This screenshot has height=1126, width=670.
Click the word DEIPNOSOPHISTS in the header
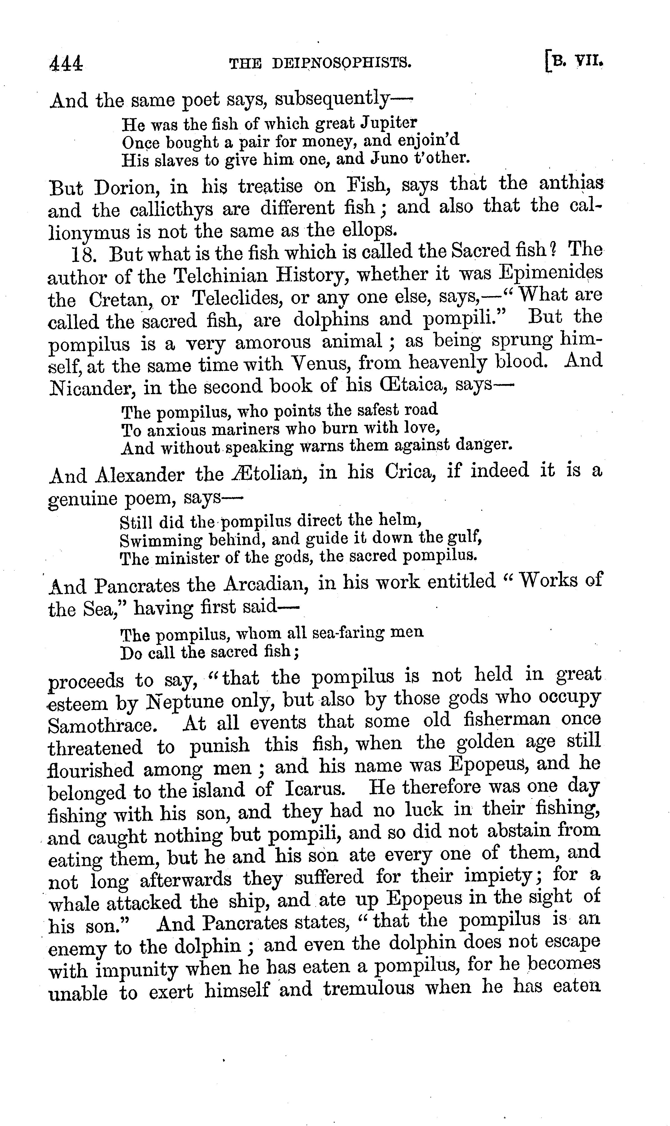point(342,64)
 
